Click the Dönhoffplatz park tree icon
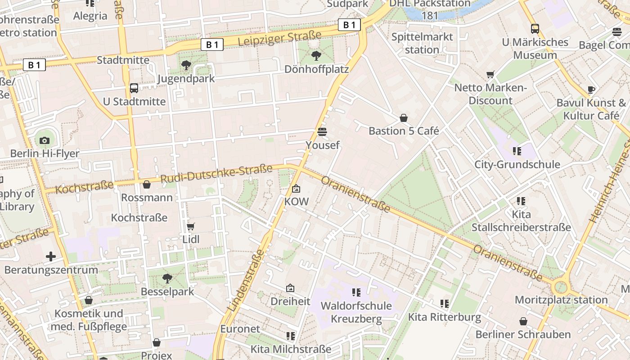(x=316, y=56)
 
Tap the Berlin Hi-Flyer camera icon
(x=44, y=140)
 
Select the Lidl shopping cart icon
(x=191, y=226)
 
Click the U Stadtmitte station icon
(x=134, y=88)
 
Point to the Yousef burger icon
(x=322, y=132)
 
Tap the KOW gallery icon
(x=296, y=189)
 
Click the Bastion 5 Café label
(x=404, y=131)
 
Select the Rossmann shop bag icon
(x=147, y=184)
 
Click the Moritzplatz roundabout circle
(x=561, y=286)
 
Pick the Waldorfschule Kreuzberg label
(x=356, y=312)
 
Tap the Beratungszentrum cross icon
(x=51, y=257)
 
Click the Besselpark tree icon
(x=167, y=279)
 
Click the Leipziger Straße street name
(x=279, y=38)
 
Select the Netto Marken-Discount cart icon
(x=490, y=75)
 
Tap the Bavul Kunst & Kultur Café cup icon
(x=591, y=90)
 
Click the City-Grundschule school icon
(x=517, y=151)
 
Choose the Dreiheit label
(x=290, y=301)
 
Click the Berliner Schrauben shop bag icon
(x=523, y=321)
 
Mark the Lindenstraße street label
(x=246, y=282)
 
